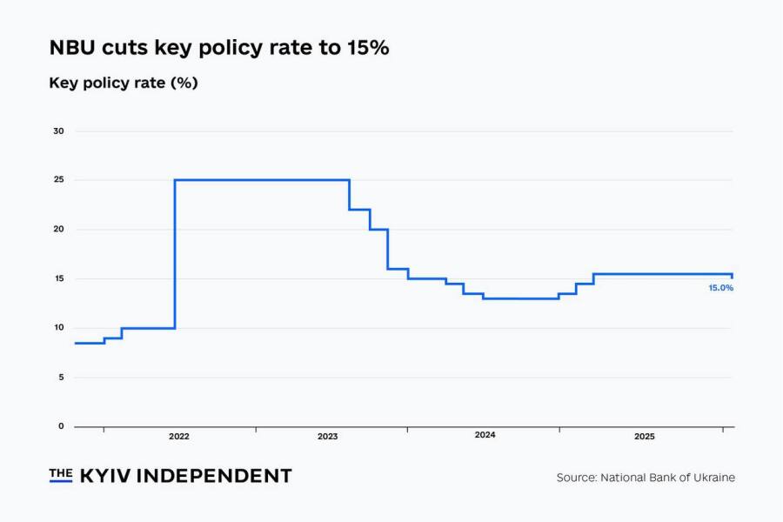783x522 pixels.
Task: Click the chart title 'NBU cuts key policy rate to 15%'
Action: [218, 49]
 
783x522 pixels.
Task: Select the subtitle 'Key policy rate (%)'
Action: [124, 84]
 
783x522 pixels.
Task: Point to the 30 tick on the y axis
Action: [58, 131]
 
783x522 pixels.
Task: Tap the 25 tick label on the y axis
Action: [58, 180]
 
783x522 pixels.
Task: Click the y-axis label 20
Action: [58, 230]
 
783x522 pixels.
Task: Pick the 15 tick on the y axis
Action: [58, 278]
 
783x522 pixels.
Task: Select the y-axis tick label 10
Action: [58, 328]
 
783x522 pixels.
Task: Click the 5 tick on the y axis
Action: [61, 377]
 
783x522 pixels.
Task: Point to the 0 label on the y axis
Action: [61, 426]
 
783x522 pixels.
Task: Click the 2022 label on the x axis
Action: [179, 436]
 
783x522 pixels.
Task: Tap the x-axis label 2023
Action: [327, 436]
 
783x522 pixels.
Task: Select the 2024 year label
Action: [485, 435]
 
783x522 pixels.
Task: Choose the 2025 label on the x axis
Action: [645, 436]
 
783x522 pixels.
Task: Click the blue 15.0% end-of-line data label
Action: [720, 288]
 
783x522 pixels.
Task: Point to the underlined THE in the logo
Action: [60, 474]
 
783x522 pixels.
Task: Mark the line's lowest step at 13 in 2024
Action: [520, 298]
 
